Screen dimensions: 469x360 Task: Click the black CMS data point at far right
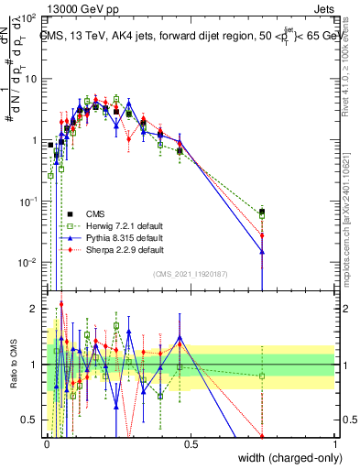click(263, 213)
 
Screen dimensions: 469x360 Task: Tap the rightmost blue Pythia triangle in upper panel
click(263, 252)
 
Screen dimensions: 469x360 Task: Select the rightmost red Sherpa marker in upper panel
click(263, 235)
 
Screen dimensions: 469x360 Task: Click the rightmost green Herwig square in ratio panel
click(263, 376)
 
